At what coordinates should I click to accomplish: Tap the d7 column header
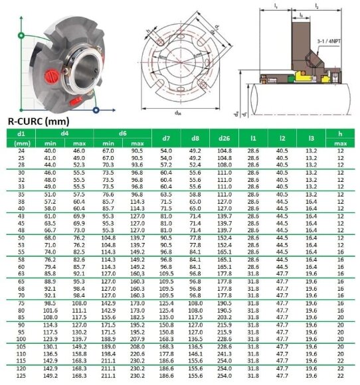tap(166, 138)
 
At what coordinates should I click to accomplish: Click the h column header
tap(341, 133)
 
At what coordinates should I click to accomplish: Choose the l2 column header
tap(282, 138)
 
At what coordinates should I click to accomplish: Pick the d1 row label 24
tap(20, 151)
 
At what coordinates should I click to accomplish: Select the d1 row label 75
tap(20, 303)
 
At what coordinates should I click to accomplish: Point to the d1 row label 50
tap(20, 237)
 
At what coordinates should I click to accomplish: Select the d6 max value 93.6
tap(137, 164)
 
